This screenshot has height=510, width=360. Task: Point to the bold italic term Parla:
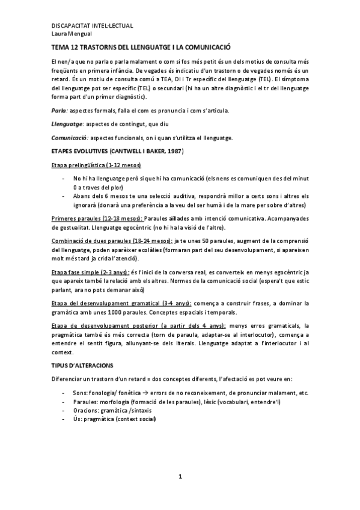tap(59, 112)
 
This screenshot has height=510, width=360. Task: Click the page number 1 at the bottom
tap(180, 477)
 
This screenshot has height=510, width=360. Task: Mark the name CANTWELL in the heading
tap(127, 150)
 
